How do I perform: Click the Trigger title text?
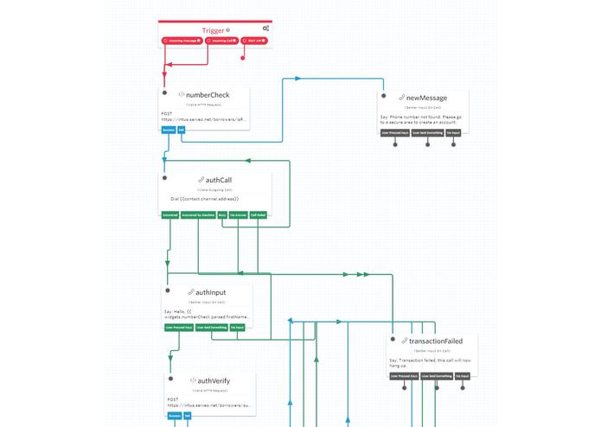point(213,29)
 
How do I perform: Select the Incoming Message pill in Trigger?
point(182,41)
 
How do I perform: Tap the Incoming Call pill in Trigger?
point(221,41)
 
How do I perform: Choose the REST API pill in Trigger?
point(253,41)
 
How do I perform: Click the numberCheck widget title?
point(208,95)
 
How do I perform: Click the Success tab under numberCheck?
point(169,131)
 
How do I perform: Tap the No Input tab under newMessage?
point(453,133)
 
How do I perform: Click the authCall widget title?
point(218,180)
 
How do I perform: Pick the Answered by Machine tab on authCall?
point(198,214)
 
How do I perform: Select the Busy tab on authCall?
point(222,214)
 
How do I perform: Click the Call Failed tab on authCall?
point(258,214)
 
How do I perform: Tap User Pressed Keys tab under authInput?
point(178,328)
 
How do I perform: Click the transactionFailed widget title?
point(438,341)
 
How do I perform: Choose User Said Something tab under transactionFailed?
point(427,376)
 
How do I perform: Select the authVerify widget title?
point(214,380)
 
